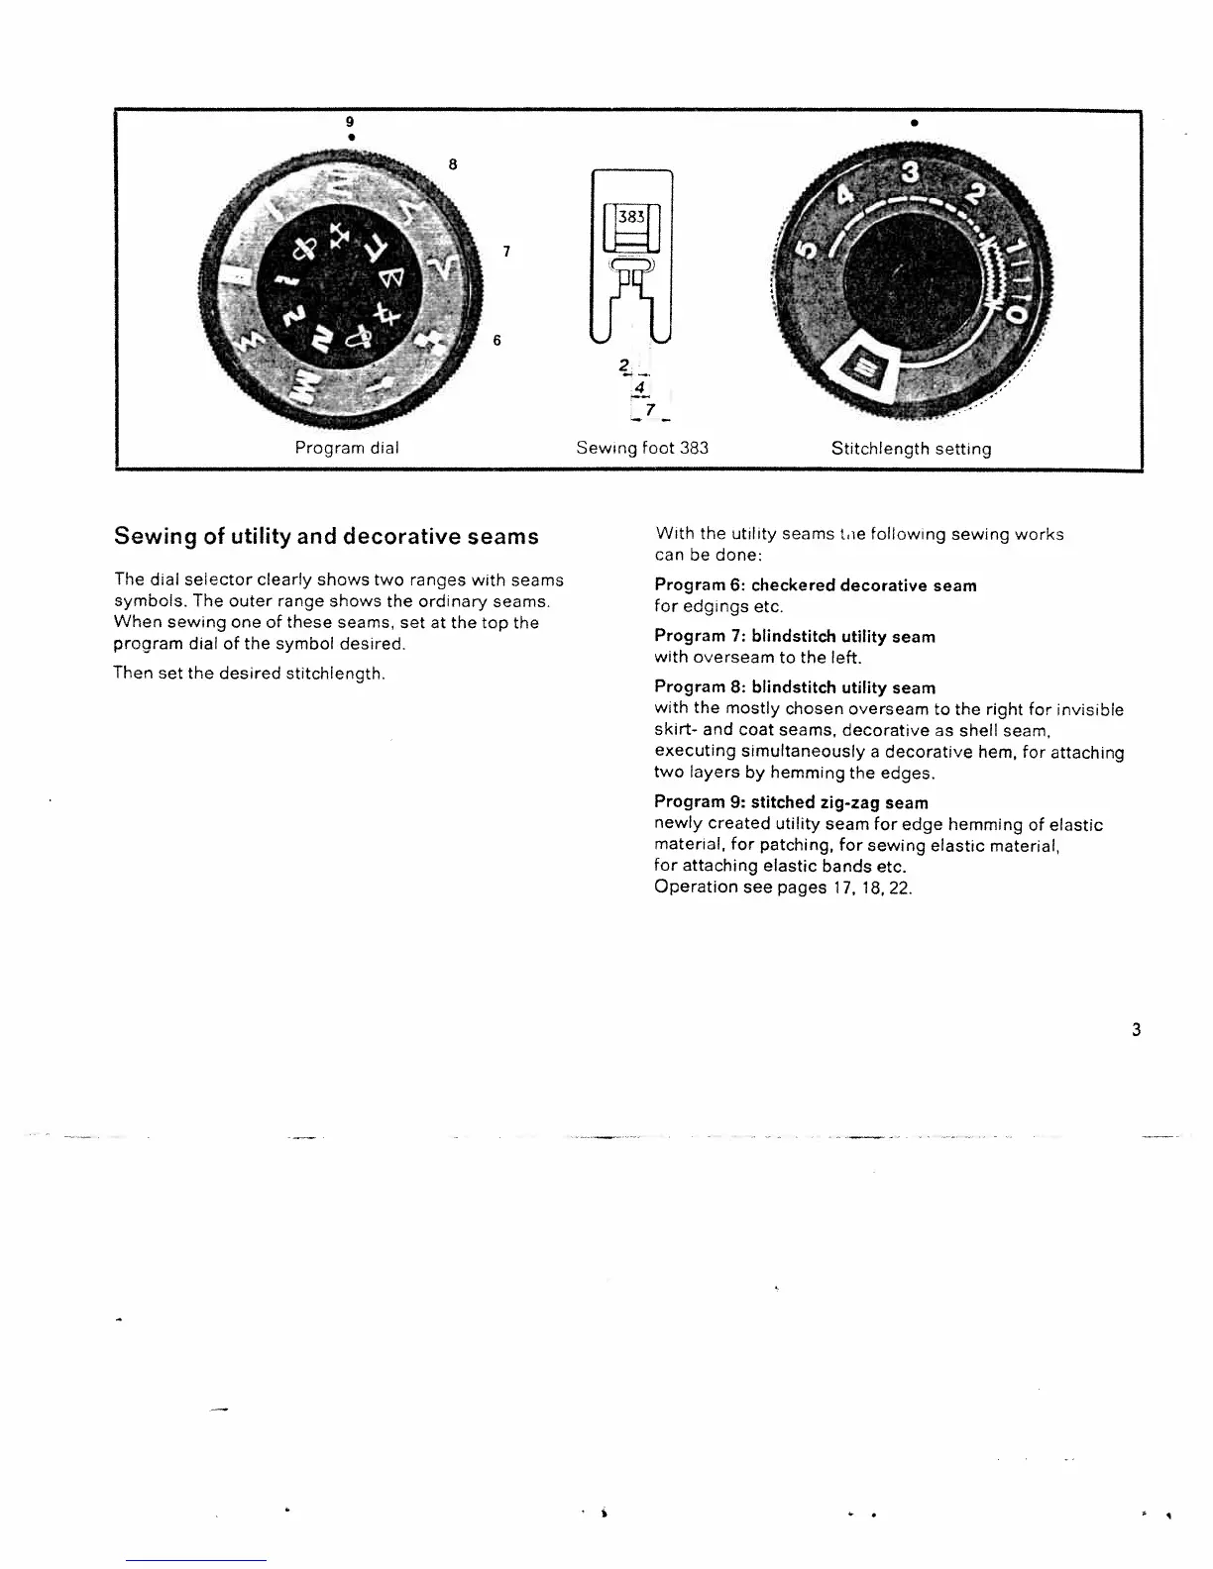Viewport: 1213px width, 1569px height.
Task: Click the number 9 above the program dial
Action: [x=349, y=121]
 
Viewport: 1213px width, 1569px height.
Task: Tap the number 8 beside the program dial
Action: [x=452, y=163]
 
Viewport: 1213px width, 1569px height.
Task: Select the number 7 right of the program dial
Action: [x=506, y=252]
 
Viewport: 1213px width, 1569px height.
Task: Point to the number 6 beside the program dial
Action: [x=496, y=341]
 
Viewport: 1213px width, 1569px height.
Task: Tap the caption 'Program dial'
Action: [x=347, y=448]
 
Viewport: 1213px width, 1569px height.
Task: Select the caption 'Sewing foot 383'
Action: [x=642, y=448]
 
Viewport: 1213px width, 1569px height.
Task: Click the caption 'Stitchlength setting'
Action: [x=911, y=449]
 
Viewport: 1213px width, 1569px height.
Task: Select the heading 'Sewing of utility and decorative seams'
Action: [x=326, y=537]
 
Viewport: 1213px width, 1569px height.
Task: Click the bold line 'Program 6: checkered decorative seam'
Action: [x=815, y=585]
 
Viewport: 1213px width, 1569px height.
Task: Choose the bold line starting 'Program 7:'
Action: [x=794, y=636]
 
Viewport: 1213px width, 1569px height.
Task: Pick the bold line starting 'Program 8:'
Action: [x=794, y=687]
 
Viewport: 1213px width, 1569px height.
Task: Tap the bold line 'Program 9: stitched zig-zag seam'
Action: [x=791, y=802]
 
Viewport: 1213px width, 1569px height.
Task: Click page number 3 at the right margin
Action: [x=1136, y=1030]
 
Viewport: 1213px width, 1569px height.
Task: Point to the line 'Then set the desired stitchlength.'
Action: [x=249, y=674]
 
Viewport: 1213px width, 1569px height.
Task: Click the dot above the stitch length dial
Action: [x=912, y=124]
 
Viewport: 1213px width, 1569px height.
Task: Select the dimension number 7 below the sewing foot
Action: [x=649, y=409]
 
